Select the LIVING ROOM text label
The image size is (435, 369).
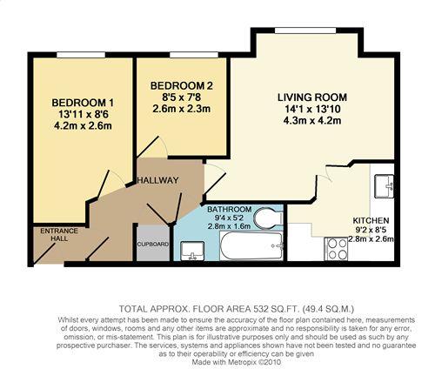pyautogui.click(x=311, y=97)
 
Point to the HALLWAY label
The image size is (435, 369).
pyautogui.click(x=157, y=180)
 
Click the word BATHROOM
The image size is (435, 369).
pyautogui.click(x=230, y=210)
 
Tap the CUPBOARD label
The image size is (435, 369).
pyautogui.click(x=152, y=245)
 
